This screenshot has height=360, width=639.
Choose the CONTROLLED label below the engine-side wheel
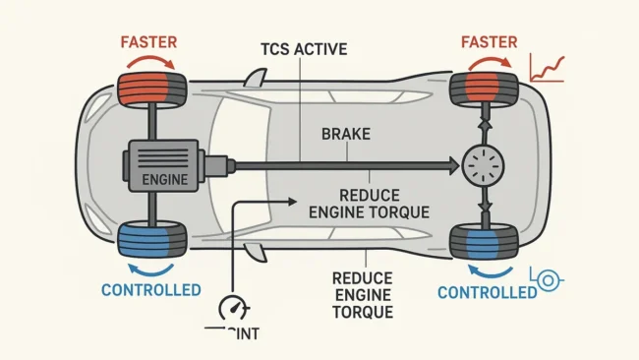(x=151, y=290)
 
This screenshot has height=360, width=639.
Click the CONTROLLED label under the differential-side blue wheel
(x=481, y=292)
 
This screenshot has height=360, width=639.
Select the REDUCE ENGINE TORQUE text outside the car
(x=365, y=294)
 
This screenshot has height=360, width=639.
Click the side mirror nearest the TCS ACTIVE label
(x=257, y=77)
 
